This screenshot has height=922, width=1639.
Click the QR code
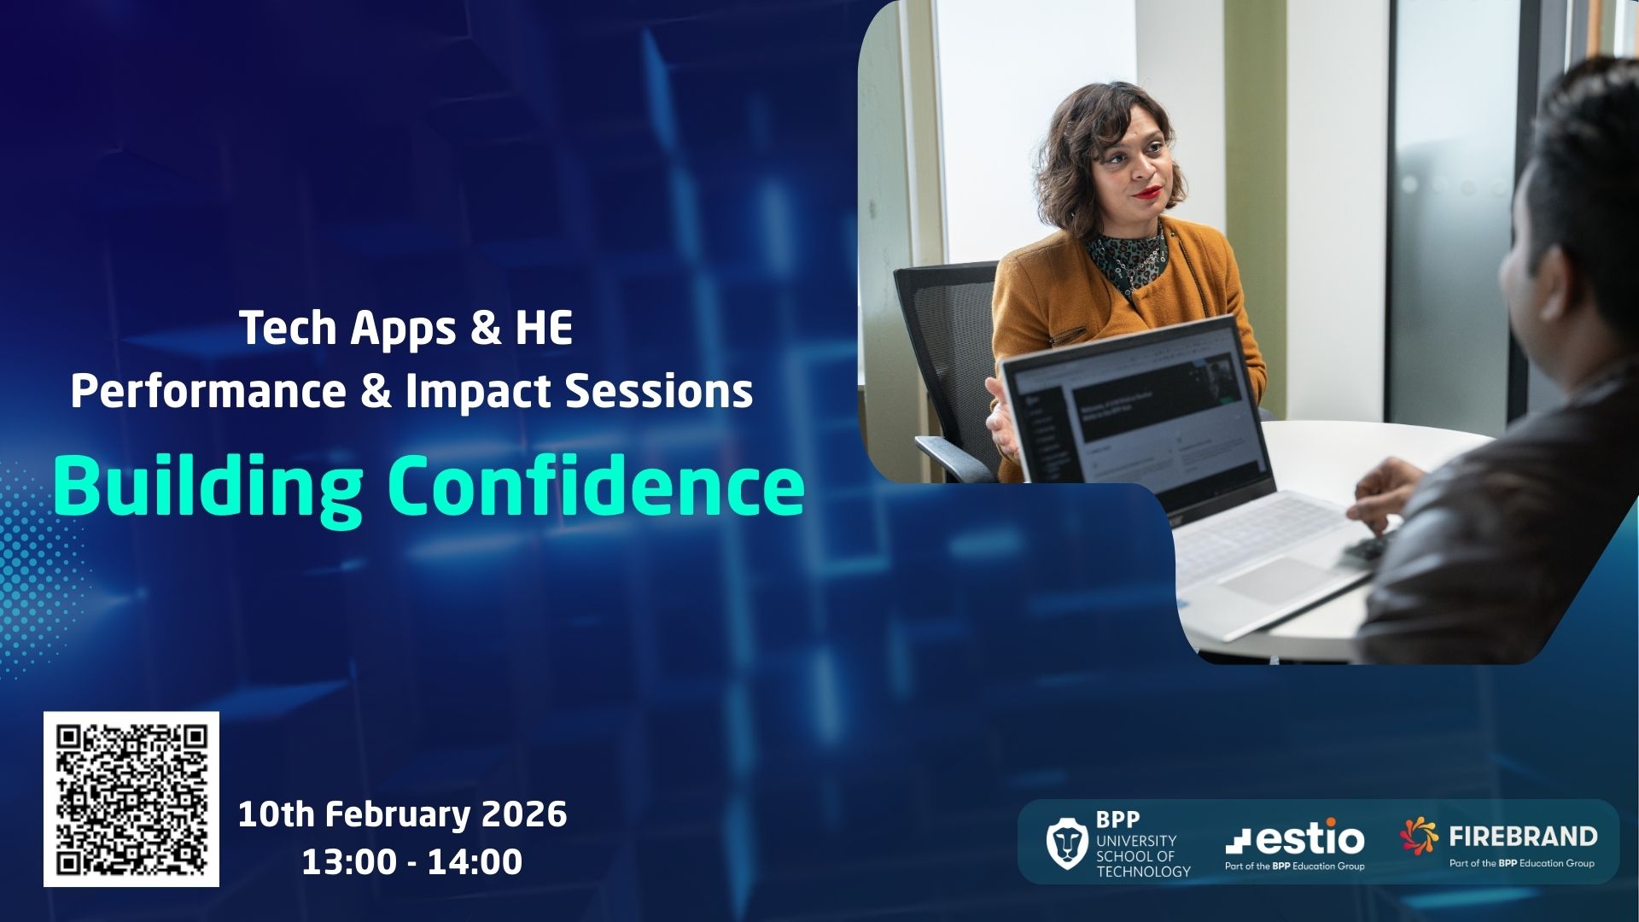(x=131, y=799)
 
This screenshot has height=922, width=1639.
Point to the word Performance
(x=208, y=392)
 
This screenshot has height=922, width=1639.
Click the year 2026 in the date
(x=524, y=814)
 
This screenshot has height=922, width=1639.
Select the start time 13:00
(x=348, y=862)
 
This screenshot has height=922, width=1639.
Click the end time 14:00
(x=475, y=862)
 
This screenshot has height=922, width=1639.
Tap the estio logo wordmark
(x=1295, y=837)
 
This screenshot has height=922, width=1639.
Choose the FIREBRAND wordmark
(x=1523, y=836)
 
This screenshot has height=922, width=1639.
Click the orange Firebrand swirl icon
(x=1419, y=836)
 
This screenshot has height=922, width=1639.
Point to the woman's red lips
(x=1148, y=191)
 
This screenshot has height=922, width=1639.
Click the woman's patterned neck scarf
(x=1126, y=257)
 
